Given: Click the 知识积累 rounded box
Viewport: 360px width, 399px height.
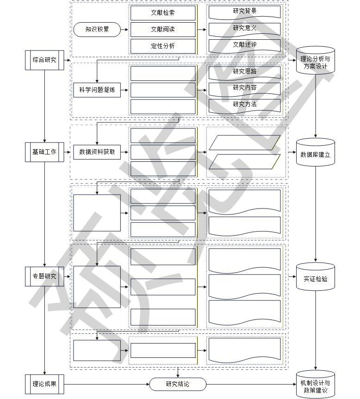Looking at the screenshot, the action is point(97,30).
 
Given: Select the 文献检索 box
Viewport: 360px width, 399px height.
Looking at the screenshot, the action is point(163,13).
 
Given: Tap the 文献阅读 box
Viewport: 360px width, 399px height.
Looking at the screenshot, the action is point(163,30).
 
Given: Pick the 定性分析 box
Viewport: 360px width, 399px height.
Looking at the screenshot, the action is point(163,46).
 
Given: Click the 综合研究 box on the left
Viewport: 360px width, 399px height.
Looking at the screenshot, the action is point(44,60).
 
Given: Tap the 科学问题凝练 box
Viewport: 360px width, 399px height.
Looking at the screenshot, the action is point(97,90).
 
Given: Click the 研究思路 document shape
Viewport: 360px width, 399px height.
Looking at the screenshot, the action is point(244,72).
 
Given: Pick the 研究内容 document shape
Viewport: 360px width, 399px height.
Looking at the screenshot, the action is point(244,88).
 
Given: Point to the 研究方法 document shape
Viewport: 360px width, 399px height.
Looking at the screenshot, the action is point(244,105).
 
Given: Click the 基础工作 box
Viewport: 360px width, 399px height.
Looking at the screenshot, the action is point(44,152).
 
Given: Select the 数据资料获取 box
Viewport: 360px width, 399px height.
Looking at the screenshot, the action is point(97,152).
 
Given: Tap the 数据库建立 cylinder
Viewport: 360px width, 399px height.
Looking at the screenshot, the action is point(315,153).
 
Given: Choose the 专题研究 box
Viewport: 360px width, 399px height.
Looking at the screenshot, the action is point(44,276).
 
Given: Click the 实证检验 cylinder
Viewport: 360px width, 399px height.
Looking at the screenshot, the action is point(315,277).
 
